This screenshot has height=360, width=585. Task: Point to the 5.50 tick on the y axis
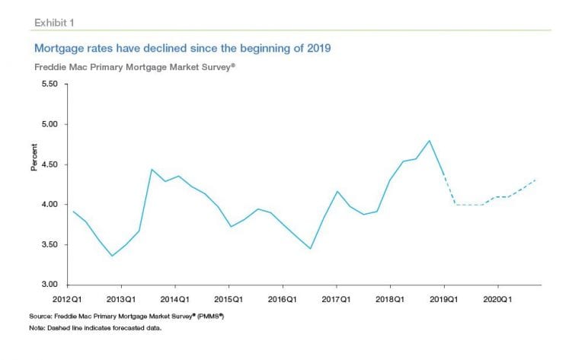pyautogui.click(x=49, y=84)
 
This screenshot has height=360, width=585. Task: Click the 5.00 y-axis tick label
pyautogui.click(x=49, y=124)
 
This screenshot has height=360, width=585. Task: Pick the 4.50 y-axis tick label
pyautogui.click(x=49, y=164)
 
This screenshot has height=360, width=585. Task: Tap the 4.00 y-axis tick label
pyautogui.click(x=49, y=205)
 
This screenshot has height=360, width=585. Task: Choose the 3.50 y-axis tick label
pyautogui.click(x=49, y=245)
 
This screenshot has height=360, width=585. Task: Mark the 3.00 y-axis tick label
pyautogui.click(x=49, y=285)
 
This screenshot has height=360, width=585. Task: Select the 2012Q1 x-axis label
pyautogui.click(x=67, y=298)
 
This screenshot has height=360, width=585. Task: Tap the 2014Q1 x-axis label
pyautogui.click(x=175, y=298)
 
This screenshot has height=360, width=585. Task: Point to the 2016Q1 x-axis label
pyautogui.click(x=283, y=298)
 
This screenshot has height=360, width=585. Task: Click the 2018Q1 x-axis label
pyautogui.click(x=390, y=298)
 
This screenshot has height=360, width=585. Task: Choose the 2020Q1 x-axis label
pyautogui.click(x=497, y=298)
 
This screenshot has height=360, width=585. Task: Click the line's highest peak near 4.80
pyautogui.click(x=430, y=141)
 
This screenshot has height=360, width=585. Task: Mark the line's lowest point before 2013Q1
pyautogui.click(x=112, y=256)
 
